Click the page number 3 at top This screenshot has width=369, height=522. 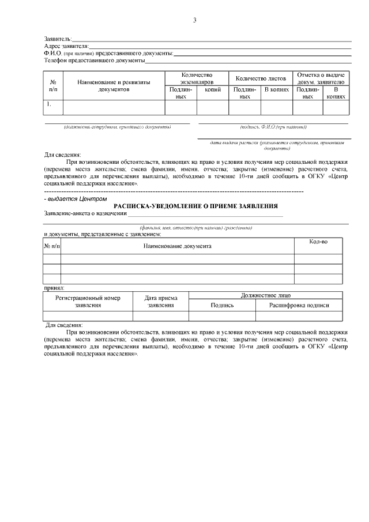(x=195, y=21)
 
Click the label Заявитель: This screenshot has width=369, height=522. (x=58, y=37)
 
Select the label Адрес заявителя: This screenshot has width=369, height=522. (x=66, y=45)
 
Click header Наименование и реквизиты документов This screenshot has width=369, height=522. (x=114, y=86)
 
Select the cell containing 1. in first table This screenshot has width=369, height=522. (x=53, y=105)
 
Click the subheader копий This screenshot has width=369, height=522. (x=213, y=89)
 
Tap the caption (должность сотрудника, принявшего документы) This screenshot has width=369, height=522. (x=117, y=127)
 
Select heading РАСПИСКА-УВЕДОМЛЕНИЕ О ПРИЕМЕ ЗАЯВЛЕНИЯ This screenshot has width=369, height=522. (x=196, y=206)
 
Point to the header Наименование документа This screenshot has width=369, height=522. (x=177, y=246)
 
